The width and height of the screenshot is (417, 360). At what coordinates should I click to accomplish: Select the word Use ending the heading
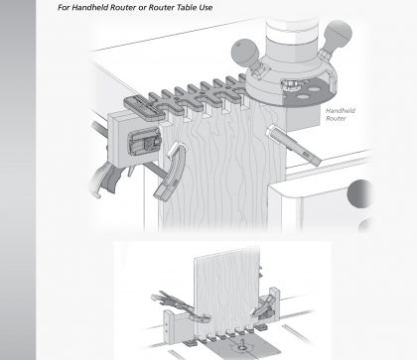(206, 8)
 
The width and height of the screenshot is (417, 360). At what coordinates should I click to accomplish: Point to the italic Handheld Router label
(336, 114)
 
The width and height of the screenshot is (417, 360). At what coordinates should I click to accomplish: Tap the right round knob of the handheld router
(338, 33)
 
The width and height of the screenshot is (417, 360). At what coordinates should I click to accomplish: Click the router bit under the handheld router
(291, 83)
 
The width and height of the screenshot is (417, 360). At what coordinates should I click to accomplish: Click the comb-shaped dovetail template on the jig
(186, 96)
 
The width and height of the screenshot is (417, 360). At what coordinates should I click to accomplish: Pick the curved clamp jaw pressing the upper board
(171, 172)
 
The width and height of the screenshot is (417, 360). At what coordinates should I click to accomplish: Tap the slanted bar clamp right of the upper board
(293, 145)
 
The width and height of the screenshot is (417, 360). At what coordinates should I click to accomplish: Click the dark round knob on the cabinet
(359, 194)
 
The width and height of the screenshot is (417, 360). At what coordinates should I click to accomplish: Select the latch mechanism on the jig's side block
(145, 143)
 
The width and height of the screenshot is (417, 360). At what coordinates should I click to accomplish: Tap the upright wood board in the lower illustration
(226, 291)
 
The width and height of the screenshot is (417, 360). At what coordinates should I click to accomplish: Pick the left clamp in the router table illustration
(181, 305)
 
